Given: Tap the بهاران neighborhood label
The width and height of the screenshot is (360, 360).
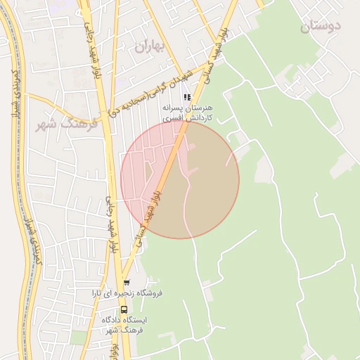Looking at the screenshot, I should point(148,47).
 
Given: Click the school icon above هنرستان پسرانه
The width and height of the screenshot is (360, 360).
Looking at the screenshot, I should point(187,98).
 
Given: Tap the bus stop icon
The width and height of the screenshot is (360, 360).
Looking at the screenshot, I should point(124,309).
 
